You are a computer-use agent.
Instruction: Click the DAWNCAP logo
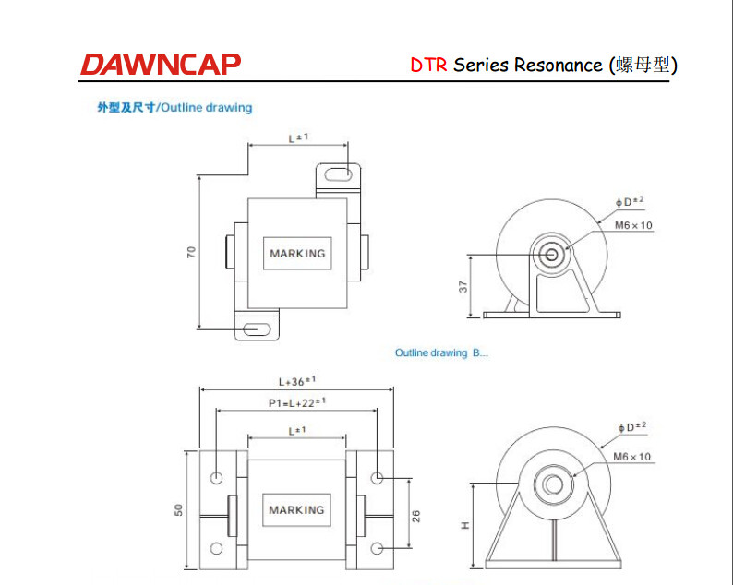[160, 64]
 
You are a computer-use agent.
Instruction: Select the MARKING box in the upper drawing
[297, 253]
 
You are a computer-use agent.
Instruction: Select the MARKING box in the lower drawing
[297, 509]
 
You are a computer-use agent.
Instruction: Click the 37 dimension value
[464, 286]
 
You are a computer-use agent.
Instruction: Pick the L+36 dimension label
[297, 380]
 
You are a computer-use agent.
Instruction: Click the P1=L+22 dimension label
[297, 402]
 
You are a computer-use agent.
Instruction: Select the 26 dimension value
[415, 514]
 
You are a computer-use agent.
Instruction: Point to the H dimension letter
[465, 525]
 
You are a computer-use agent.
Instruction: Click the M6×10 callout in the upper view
[633, 225]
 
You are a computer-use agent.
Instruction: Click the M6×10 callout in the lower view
[631, 456]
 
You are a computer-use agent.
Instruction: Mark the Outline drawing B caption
[440, 353]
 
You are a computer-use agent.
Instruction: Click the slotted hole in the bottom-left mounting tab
[257, 328]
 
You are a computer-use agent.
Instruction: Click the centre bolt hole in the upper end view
[552, 255]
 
